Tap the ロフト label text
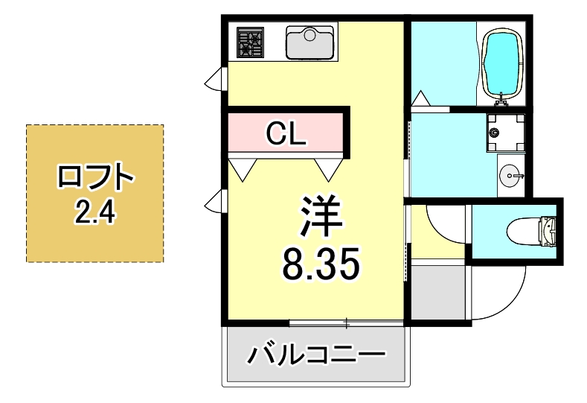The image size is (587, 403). (x=94, y=180)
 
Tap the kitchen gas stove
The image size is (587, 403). (x=250, y=42)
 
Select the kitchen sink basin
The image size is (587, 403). (x=310, y=42)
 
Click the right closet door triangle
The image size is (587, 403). (x=328, y=168)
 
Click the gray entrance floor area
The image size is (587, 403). (x=439, y=293)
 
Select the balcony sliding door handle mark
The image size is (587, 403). (x=346, y=323)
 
